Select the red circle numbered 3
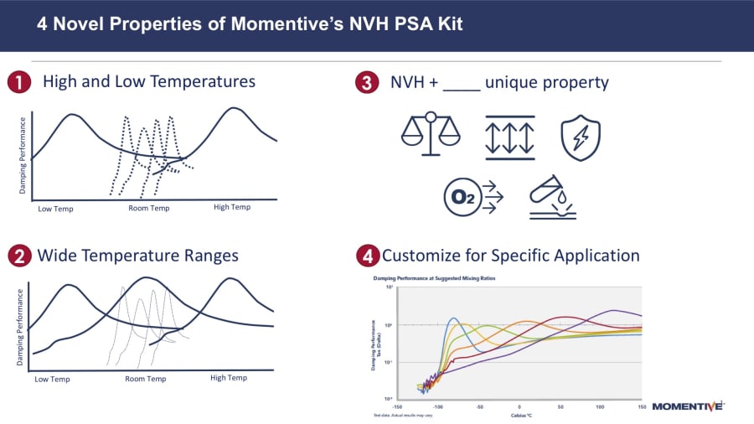pyautogui.click(x=366, y=82)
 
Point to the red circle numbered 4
pyautogui.click(x=366, y=256)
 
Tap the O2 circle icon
pyautogui.click(x=463, y=197)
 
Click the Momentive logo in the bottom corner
pyautogui.click(x=687, y=406)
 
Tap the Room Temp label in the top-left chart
pyautogui.click(x=149, y=208)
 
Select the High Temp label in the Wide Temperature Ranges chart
pyautogui.click(x=229, y=378)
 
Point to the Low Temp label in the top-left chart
pyautogui.click(x=56, y=208)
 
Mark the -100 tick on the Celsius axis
pyautogui.click(x=438, y=406)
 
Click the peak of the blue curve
pyautogui.click(x=454, y=318)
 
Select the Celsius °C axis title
pyautogui.click(x=521, y=415)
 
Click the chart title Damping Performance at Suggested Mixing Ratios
pyautogui.click(x=427, y=277)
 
